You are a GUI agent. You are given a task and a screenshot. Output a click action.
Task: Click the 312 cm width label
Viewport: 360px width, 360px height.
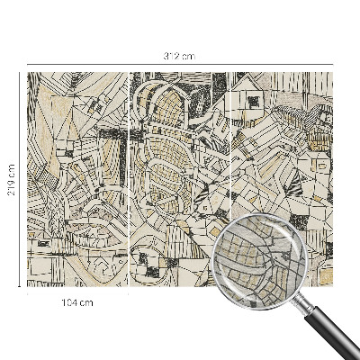180,56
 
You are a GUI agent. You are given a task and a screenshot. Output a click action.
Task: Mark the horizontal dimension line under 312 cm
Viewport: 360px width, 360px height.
180,65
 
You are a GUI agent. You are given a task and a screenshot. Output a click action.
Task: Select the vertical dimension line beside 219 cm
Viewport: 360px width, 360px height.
20,180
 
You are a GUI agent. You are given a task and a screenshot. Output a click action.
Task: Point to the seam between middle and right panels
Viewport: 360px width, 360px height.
231,180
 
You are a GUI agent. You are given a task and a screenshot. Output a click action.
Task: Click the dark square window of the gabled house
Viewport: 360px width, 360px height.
255,101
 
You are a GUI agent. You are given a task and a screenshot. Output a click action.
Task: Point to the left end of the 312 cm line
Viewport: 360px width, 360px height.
28,65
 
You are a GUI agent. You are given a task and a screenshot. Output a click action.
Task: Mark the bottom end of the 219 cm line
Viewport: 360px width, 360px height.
20,286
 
